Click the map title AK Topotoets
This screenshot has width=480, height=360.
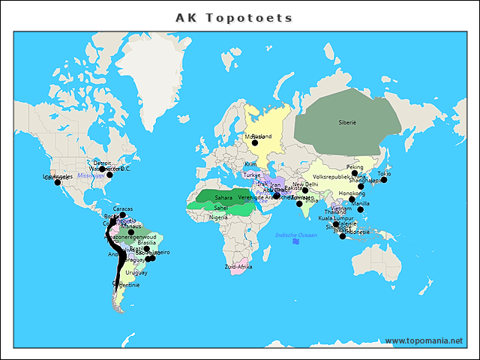[234, 17]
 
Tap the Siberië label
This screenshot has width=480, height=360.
[347, 121]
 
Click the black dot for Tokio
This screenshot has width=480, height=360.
[383, 179]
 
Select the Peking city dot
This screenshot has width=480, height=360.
[355, 172]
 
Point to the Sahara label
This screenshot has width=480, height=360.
[224, 197]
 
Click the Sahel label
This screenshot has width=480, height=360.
[220, 208]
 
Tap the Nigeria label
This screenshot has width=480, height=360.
[218, 217]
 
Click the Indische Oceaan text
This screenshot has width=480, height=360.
[296, 235]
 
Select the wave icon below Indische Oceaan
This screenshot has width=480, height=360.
[296, 241]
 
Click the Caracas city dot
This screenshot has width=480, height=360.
[122, 214]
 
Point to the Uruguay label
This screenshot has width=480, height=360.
[136, 272]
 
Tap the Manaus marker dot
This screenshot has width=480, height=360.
[130, 232]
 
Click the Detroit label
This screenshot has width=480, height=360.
[102, 163]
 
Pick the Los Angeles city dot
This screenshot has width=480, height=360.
[57, 182]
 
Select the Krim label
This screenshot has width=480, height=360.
[250, 163]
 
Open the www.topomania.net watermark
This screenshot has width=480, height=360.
[424, 341]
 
